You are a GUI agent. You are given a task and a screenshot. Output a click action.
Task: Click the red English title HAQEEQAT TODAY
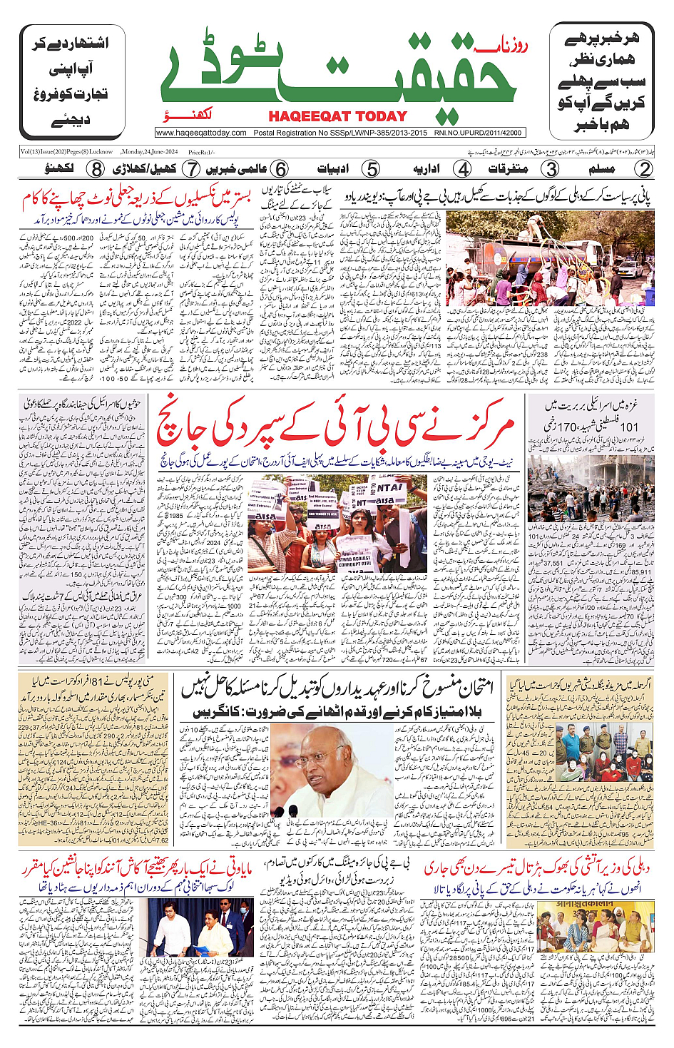[337, 116]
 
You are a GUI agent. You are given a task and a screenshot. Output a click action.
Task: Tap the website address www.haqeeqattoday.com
[201, 133]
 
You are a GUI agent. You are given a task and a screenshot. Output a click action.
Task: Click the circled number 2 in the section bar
[644, 169]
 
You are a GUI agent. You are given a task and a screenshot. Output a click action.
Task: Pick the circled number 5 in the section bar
[371, 169]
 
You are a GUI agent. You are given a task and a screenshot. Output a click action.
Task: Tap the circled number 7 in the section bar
[190, 169]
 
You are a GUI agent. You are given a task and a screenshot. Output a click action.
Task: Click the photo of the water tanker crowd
[550, 258]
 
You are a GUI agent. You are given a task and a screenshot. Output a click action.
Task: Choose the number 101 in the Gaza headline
[628, 427]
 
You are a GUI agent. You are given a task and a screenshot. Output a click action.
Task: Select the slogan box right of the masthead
[601, 82]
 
